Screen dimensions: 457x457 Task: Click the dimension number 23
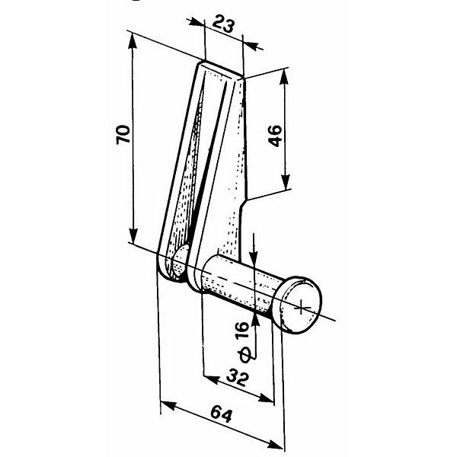223,24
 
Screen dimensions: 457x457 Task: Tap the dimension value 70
123,134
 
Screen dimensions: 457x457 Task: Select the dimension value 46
275,136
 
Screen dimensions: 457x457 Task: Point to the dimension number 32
238,377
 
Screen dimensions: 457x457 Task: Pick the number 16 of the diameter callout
242,330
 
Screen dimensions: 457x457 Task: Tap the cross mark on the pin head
301,308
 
